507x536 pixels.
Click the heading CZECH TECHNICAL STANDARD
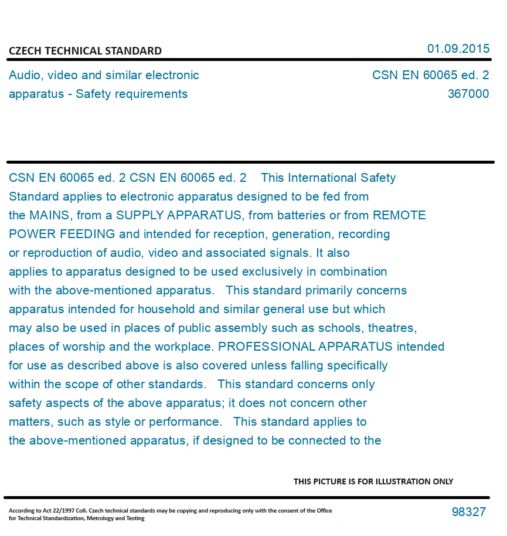[x=85, y=51]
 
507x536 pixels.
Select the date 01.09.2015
[x=458, y=49]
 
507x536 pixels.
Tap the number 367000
[x=468, y=94]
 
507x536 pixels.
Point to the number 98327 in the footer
[x=468, y=512]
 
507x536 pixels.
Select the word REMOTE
[x=399, y=215]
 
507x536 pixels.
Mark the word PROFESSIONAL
[x=267, y=347]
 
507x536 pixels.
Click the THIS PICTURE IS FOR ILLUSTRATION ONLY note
[x=373, y=481]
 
